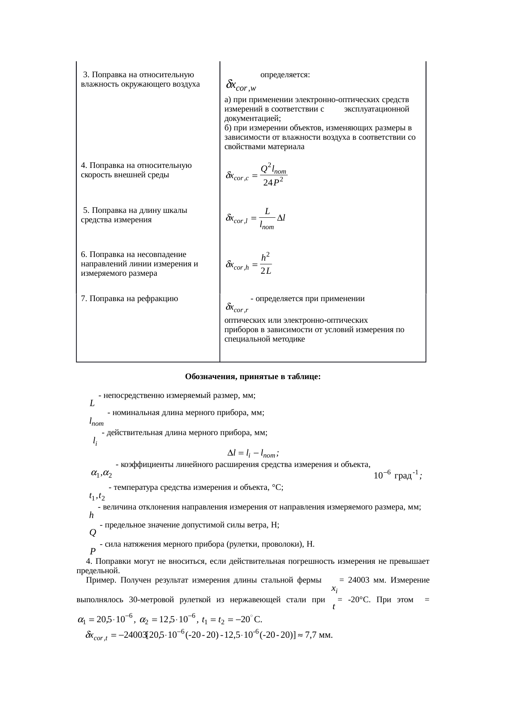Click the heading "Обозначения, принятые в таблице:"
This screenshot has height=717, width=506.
point(253,376)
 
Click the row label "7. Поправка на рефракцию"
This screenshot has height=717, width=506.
point(129,299)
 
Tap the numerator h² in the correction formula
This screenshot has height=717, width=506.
point(266,257)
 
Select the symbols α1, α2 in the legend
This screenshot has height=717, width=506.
point(101,474)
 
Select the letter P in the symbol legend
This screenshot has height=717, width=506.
point(93,552)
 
